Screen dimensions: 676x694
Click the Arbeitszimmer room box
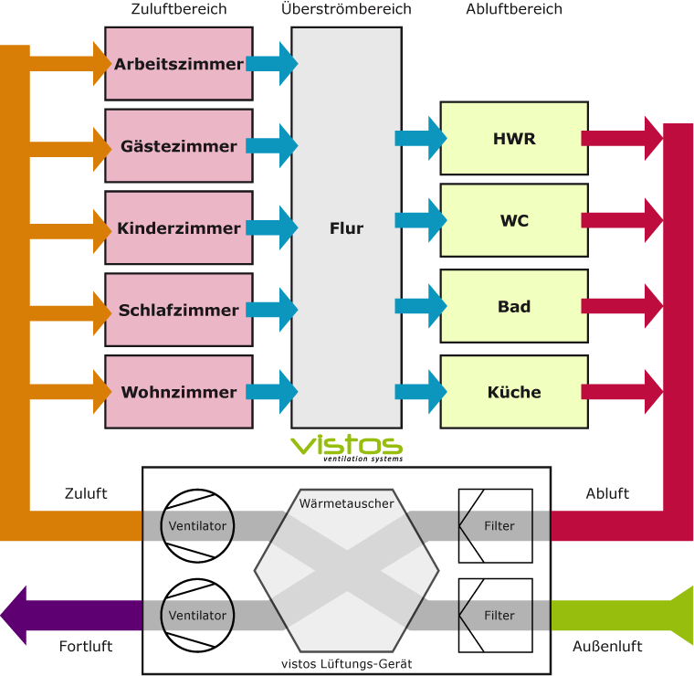click(179, 64)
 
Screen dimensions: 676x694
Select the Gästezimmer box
click(179, 146)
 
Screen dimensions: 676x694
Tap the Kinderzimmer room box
click(179, 228)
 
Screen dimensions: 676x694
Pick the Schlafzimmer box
click(179, 311)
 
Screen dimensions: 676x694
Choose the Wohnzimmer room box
click(179, 393)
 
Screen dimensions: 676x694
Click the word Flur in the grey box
click(346, 228)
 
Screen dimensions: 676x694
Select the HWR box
click(514, 139)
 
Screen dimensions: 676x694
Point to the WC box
click(514, 220)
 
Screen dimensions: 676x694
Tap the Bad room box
click(514, 306)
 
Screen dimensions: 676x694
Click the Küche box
click(514, 392)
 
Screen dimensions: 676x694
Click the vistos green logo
click(347, 447)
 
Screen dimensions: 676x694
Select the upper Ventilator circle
click(197, 525)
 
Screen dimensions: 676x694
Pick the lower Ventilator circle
click(197, 615)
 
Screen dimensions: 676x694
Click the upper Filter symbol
click(495, 525)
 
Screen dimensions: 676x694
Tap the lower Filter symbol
click(495, 615)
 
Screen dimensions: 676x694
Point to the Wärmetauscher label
click(347, 503)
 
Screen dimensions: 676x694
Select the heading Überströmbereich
click(346, 9)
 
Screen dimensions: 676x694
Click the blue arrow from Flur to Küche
click(420, 392)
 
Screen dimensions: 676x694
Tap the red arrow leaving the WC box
click(622, 220)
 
